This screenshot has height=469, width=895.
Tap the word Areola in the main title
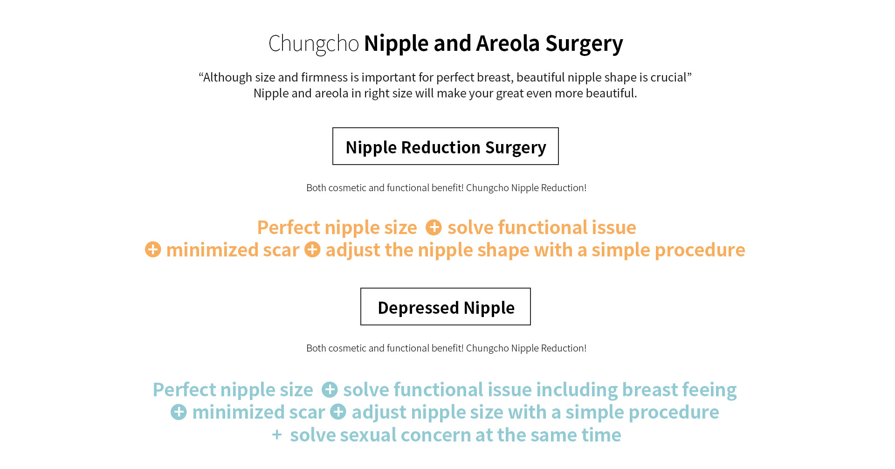[508, 43]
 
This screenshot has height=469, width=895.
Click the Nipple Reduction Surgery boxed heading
[446, 146]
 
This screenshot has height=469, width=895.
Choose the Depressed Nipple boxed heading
[446, 307]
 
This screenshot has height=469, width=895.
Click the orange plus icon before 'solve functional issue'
[434, 228]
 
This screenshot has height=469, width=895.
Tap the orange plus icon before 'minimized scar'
[153, 249]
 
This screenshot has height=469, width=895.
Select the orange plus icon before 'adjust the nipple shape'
[312, 249]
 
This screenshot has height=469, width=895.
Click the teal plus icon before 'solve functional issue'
[330, 390]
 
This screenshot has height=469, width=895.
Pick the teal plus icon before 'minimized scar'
[179, 412]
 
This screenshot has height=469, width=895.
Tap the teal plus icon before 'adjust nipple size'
[338, 412]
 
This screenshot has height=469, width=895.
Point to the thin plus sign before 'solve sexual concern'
[277, 435]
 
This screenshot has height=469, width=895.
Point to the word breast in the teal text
[647, 390]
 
